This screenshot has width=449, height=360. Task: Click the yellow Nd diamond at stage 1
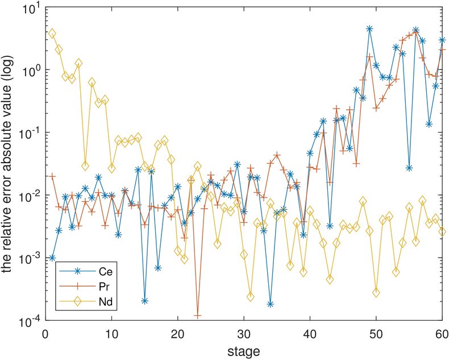tap(52, 34)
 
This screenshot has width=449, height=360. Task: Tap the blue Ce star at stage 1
tap(52, 258)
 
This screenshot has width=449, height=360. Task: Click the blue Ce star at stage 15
tap(145, 301)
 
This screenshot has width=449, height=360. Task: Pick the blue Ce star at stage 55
tap(409, 168)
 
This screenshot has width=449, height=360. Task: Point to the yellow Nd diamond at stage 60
tap(442, 231)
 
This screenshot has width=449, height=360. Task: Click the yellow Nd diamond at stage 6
tap(85, 166)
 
